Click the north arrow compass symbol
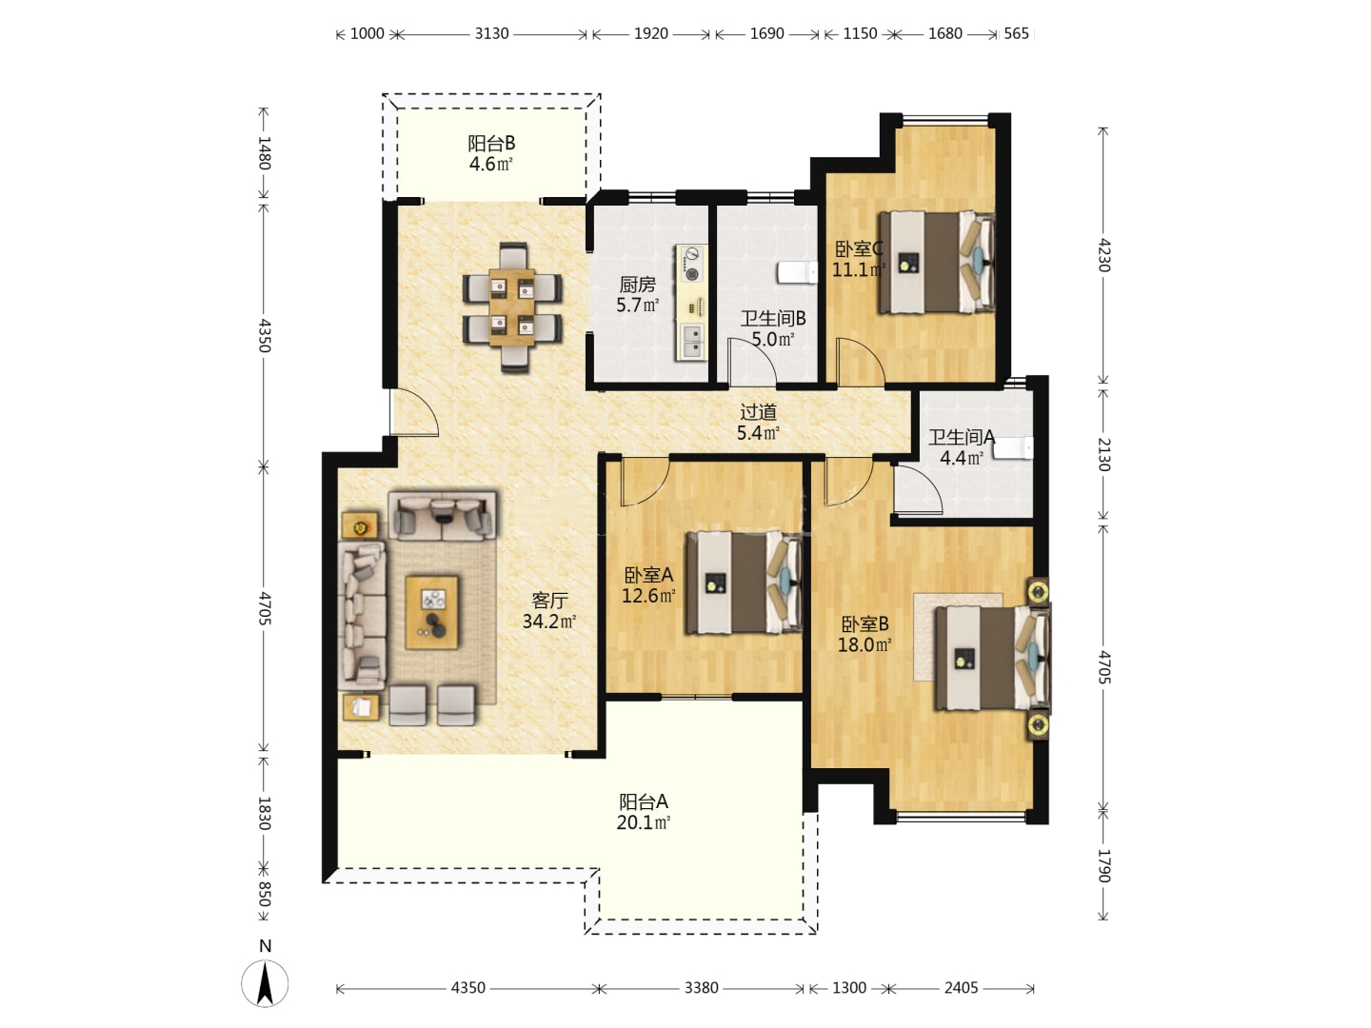[265, 983]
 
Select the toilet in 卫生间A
[1013, 447]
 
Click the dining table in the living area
[511, 307]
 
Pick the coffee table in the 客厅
[431, 612]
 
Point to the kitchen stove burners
[691, 263]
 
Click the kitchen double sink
[691, 342]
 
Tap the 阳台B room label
[491, 144]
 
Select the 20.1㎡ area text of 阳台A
[644, 822]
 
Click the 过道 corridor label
[758, 412]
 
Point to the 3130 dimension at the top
[491, 33]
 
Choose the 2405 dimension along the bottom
[961, 987]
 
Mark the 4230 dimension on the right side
[1103, 255]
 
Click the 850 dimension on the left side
[265, 895]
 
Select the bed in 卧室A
[744, 583]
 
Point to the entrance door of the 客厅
[413, 412]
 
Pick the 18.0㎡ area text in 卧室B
[864, 644]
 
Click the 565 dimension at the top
[1016, 33]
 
